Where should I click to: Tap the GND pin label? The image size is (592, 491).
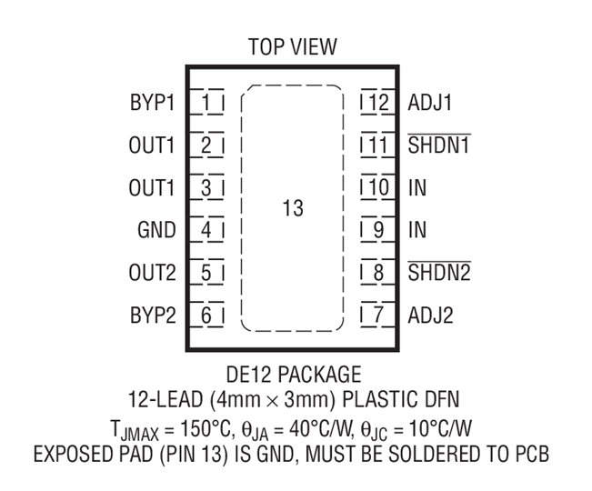(156, 230)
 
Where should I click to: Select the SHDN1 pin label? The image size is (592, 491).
(438, 145)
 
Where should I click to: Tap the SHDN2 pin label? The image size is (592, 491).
(439, 273)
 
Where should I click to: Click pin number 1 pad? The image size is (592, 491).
(207, 102)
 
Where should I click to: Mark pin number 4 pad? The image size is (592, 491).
(207, 230)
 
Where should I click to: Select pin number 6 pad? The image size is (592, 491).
(207, 316)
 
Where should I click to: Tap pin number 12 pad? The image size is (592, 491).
(376, 102)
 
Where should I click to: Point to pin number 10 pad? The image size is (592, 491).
(376, 187)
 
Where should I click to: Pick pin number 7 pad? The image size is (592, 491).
(376, 316)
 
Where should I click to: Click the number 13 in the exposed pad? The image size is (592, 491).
(292, 209)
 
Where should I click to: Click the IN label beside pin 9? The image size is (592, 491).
(416, 230)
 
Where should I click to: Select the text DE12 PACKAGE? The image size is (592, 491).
(292, 375)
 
